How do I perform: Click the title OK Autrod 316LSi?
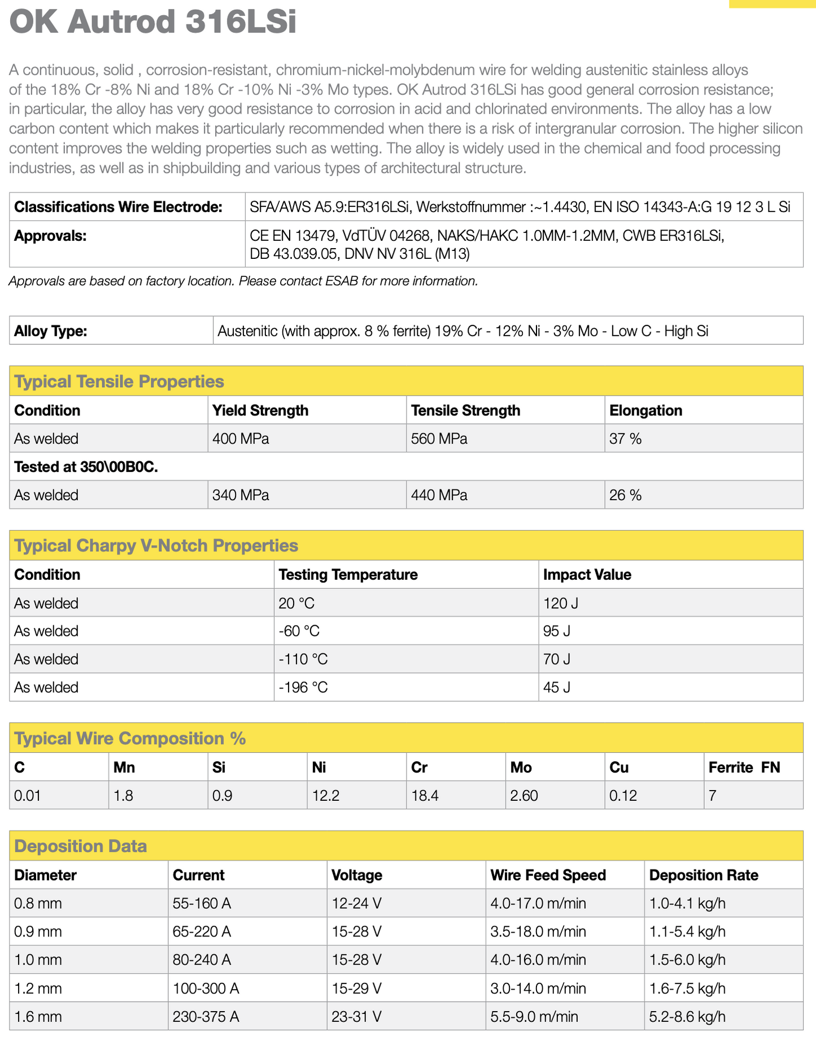point(152,23)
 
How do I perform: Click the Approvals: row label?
point(50,236)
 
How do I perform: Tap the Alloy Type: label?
point(50,331)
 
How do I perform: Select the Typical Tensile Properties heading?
point(119,381)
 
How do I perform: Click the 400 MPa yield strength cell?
point(241,439)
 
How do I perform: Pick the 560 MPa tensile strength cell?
point(439,439)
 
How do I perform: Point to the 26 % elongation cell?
point(625,495)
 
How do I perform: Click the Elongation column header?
point(645,410)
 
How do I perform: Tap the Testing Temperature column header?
point(348,575)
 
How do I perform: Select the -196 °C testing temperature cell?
point(303,687)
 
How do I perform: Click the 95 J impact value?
point(556,631)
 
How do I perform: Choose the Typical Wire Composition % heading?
point(130,739)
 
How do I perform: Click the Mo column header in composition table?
point(521,767)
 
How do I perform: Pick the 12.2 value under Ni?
point(326,796)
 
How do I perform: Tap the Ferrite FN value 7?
point(713,796)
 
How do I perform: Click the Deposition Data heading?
point(80,846)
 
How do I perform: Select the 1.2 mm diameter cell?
point(38,988)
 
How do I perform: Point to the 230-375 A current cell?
point(206,1017)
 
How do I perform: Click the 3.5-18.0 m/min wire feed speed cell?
point(538,931)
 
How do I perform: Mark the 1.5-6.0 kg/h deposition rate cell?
point(687,960)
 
